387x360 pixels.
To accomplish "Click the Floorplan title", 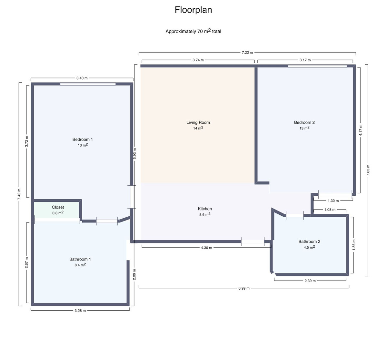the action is click(x=193, y=10).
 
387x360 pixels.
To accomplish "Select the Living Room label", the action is click(x=198, y=122).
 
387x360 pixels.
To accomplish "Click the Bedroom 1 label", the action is click(x=83, y=139).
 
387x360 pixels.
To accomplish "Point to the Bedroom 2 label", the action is click(x=304, y=122).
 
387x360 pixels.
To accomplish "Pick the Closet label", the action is click(x=58, y=207).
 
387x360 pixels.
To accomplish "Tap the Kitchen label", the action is click(x=204, y=209).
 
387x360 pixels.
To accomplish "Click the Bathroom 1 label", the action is click(x=80, y=259).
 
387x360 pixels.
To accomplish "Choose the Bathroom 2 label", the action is click(x=309, y=242).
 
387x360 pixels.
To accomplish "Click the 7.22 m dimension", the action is click(x=247, y=53).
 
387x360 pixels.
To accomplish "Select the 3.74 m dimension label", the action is click(x=198, y=60).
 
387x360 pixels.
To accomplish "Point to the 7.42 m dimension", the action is click(x=19, y=194).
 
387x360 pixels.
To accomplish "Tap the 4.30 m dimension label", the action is click(x=206, y=248).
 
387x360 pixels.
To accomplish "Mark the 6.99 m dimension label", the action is click(x=244, y=288).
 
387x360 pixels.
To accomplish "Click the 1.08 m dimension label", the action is click(x=330, y=210).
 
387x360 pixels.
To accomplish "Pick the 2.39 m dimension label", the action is click(x=310, y=281).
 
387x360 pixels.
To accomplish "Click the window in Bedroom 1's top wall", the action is click(x=88, y=84).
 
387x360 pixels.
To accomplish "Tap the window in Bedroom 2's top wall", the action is click(x=317, y=66).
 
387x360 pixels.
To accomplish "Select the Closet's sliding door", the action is click(x=57, y=220).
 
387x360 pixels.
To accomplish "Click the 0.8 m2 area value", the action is click(x=58, y=213).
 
